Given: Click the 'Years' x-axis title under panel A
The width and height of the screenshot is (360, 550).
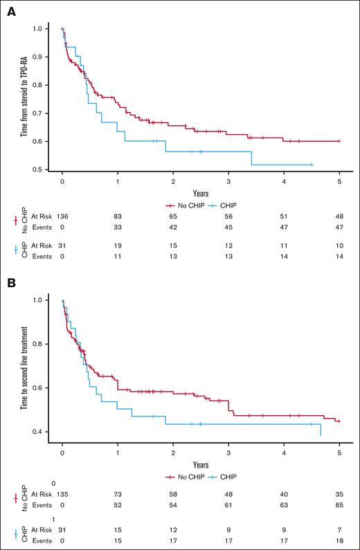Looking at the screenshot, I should coord(201,194).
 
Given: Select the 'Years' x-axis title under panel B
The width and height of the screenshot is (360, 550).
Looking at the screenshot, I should coord(201,466).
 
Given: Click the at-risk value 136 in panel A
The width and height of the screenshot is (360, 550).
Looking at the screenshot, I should coord(63,217).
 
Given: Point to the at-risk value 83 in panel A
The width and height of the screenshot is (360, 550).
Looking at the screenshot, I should coord(118,217).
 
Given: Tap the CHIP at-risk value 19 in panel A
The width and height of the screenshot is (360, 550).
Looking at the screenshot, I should coord(118,246).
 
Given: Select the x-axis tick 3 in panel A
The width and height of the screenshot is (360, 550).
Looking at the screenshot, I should coord(228,181).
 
